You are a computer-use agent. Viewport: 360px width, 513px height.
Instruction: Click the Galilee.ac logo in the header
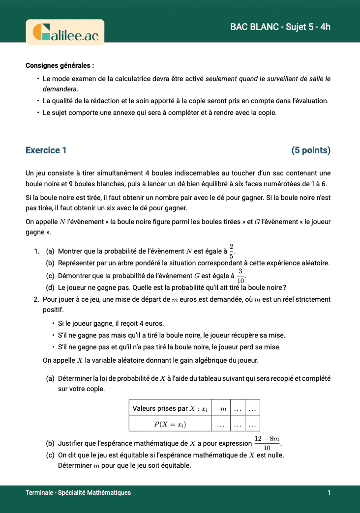[x=65, y=32]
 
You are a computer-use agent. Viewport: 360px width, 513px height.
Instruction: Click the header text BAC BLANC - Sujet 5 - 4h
[x=280, y=27]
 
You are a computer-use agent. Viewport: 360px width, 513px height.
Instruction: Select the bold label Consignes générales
[x=60, y=65]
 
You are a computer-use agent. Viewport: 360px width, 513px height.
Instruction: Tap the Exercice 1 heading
[x=46, y=150]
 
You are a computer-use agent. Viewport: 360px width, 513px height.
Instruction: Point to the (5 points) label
[x=311, y=150]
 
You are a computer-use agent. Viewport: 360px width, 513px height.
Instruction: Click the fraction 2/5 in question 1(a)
[x=231, y=251]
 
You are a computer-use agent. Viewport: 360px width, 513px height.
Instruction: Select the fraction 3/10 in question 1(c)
[x=240, y=275]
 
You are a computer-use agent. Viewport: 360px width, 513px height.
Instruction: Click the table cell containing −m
[x=221, y=409]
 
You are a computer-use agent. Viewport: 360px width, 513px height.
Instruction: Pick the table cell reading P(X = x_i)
[x=170, y=424]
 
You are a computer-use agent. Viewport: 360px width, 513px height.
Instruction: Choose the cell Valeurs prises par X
[x=170, y=409]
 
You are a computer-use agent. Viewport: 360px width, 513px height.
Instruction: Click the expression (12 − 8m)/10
[x=267, y=443]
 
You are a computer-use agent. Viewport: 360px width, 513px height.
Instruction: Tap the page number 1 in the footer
[x=329, y=492]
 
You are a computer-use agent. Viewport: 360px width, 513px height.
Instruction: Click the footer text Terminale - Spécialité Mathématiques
[x=78, y=492]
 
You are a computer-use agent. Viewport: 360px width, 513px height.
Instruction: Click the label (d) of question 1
[x=50, y=287]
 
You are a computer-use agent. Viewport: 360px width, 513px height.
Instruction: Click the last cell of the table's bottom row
[x=252, y=424]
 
